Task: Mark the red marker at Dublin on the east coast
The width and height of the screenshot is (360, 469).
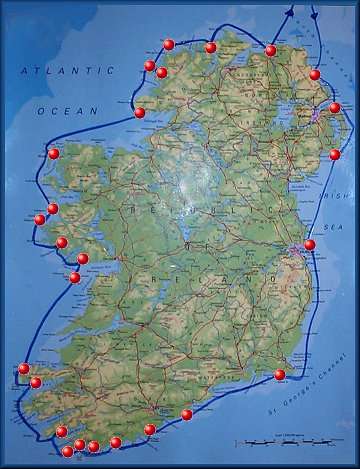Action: [309, 245]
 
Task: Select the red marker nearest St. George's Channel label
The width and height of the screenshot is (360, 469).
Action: [280, 375]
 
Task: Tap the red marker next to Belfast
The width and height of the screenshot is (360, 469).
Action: [334, 108]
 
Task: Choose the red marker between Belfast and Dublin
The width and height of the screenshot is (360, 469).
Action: [334, 155]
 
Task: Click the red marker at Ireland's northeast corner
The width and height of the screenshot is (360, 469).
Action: [314, 75]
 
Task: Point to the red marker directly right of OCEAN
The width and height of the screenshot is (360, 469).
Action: [140, 113]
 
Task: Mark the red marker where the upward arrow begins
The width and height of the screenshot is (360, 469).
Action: [271, 50]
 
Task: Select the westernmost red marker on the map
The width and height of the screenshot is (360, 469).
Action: [23, 369]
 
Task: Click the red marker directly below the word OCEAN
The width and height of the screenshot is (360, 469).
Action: [54, 154]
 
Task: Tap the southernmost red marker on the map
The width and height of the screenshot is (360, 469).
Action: [68, 451]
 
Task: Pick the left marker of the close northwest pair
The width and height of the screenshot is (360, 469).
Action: [150, 66]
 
